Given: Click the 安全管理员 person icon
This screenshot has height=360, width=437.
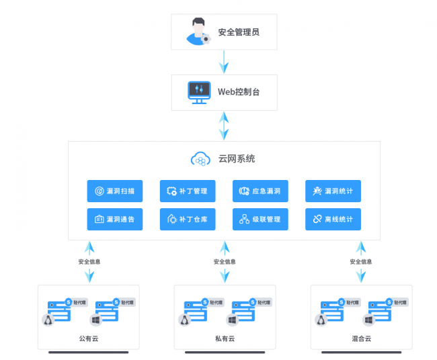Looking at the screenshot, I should point(198,32).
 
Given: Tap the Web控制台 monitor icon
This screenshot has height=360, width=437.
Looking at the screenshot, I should point(199,92).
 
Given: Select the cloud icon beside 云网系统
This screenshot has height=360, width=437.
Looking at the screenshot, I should point(201,159).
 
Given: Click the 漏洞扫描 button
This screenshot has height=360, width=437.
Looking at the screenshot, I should point(115,191).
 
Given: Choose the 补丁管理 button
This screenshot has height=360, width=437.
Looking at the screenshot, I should point(188,191).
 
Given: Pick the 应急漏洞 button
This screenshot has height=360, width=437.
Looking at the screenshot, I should point(260,191).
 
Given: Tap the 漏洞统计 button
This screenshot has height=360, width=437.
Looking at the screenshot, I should point(333,191).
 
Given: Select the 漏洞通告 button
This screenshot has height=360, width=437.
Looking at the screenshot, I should point(115,219).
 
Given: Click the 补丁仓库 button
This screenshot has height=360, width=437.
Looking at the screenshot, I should point(188,219).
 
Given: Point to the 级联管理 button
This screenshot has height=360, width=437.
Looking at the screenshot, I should point(260,219).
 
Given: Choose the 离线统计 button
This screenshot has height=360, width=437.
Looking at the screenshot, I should point(333,219).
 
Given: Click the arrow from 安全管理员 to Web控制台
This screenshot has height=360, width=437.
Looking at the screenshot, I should point(224,62).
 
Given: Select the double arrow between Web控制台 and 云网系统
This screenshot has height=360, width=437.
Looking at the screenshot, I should point(224,126).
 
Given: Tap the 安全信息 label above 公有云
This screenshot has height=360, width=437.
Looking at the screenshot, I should point(89,261).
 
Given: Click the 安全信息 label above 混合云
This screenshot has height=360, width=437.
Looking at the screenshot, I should point(361,261).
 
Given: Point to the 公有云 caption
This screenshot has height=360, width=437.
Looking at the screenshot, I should point(88,339).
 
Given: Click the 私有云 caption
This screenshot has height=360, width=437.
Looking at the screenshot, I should point(225,339).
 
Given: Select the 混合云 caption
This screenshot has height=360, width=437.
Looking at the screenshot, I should point(361,339).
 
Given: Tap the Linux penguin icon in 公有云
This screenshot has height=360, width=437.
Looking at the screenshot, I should point(48,320).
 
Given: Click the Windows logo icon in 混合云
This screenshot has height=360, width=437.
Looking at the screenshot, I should point(368,320).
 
